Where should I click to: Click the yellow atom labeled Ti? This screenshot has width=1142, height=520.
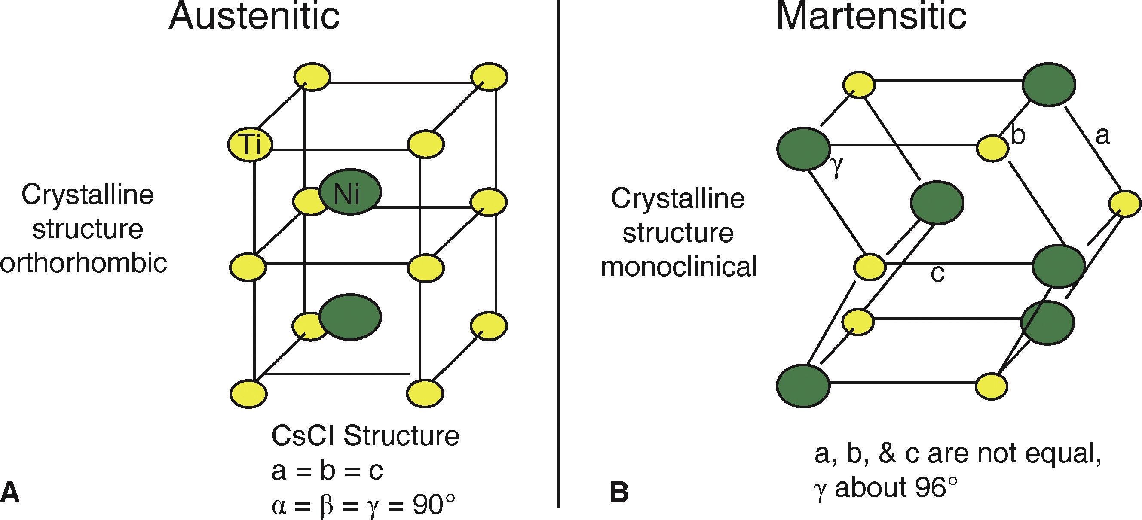click(251, 145)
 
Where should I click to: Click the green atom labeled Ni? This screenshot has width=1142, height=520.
click(350, 193)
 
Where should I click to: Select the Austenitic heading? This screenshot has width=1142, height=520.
click(254, 17)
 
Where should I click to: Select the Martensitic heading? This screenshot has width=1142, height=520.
click(871, 17)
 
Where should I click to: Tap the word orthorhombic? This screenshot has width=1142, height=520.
click(84, 263)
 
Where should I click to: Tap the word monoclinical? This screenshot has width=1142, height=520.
click(679, 267)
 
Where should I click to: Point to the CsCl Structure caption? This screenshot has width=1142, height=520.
click(365, 436)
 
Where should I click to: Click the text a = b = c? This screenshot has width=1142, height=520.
click(327, 471)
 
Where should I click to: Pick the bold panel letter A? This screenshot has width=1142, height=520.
click(10, 493)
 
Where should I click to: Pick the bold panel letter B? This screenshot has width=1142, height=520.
click(619, 493)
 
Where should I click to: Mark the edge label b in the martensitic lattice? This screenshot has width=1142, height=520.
click(1018, 135)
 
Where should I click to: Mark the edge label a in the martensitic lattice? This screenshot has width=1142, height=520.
click(1102, 136)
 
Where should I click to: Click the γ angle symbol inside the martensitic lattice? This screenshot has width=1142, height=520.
click(836, 169)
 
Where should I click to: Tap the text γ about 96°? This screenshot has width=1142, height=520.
click(886, 488)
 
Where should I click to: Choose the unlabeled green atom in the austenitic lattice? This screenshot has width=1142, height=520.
click(350, 317)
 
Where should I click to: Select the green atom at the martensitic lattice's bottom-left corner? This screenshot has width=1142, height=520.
click(803, 385)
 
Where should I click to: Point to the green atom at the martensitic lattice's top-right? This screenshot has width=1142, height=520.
click(1048, 85)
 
